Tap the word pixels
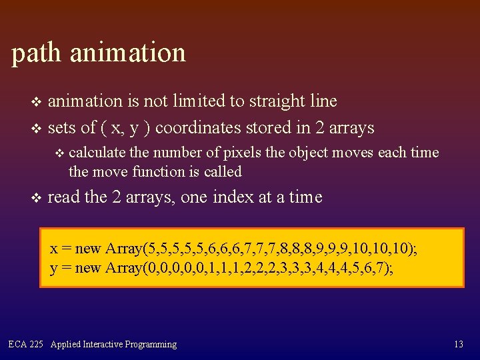tap(240, 153)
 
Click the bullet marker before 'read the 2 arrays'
tap(36, 198)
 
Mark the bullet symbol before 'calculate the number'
tap(59, 153)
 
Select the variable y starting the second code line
tap(53, 269)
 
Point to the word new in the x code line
tap(87, 249)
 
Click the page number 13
tap(458, 345)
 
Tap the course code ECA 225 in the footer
tap(25, 345)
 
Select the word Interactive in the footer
tap(106, 345)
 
